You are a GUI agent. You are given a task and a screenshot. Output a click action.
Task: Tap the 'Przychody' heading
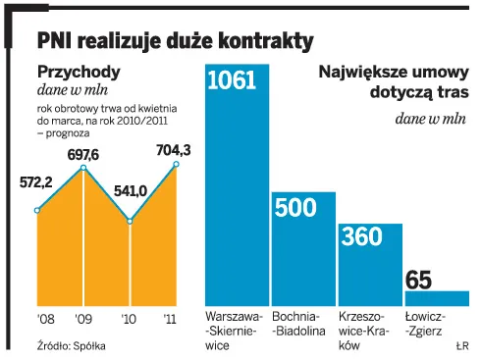[79, 72]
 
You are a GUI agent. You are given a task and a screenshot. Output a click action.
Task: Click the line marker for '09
[83, 169]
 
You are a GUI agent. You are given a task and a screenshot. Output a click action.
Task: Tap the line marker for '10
[131, 220]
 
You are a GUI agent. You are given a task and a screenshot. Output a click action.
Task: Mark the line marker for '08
[37, 210]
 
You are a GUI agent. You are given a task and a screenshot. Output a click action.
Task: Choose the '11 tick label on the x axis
[169, 320]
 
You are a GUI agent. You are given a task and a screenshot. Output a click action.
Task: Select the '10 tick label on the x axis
[128, 320]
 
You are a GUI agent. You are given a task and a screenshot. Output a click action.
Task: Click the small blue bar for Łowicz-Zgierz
[437, 298]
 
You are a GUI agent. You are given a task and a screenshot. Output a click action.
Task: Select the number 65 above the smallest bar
[418, 280]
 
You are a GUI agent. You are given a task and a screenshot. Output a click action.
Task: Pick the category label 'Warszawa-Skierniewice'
[233, 332]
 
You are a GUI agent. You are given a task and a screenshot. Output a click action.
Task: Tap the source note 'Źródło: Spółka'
[71, 345]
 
